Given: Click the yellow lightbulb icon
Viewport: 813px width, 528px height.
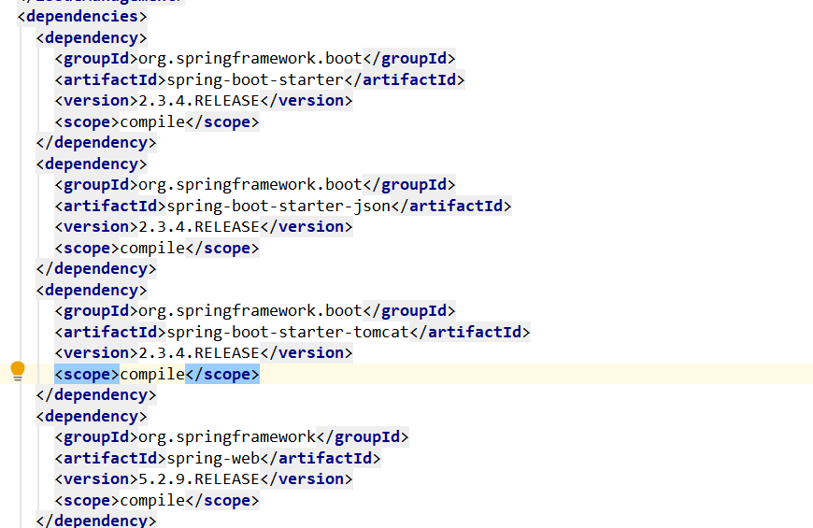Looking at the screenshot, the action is [x=18, y=371].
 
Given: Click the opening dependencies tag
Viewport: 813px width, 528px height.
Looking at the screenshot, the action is [x=82, y=17].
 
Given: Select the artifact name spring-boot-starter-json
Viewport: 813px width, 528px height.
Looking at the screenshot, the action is [x=278, y=206].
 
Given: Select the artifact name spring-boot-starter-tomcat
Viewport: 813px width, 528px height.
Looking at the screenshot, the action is [x=288, y=332].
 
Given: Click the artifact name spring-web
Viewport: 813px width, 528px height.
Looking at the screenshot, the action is [x=213, y=459].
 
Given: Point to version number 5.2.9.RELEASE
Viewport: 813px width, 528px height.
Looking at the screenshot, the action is [x=199, y=478].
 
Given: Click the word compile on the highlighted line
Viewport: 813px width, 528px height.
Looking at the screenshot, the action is [x=152, y=375].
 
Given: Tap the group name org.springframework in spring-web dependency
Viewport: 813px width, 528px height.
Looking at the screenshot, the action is [x=227, y=437].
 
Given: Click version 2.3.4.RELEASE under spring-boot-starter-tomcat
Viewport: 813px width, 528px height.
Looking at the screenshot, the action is [x=199, y=352].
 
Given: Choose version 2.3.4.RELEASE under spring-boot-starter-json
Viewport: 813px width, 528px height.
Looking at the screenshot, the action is [x=199, y=227].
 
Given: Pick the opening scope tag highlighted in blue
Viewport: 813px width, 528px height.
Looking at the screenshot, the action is [x=87, y=375].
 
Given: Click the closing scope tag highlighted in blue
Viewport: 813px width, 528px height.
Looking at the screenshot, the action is [x=222, y=375].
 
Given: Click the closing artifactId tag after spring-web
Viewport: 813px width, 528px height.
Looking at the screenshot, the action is [x=321, y=459].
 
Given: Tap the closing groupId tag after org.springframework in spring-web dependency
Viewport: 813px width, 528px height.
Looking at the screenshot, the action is [x=363, y=437].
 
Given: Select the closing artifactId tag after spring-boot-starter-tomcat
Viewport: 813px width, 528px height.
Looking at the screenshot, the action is [x=470, y=332].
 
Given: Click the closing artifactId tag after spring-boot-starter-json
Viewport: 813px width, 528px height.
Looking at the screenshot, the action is [x=451, y=206].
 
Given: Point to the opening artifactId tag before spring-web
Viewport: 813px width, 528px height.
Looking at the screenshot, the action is [x=110, y=459].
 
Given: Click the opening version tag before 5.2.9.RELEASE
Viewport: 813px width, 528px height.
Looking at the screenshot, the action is [x=96, y=478].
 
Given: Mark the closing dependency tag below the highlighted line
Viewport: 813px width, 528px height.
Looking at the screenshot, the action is [x=96, y=395].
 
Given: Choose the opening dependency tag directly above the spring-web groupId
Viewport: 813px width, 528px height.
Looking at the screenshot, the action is [x=92, y=417].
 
